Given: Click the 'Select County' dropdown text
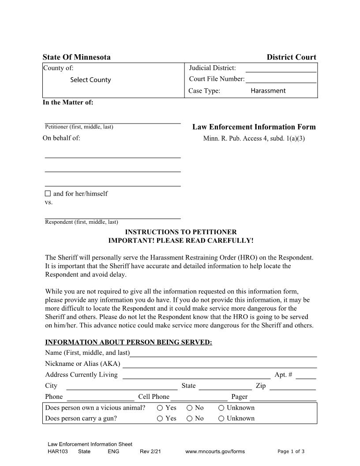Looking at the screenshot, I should pos(90,80).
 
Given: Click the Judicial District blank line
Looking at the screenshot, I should pos(281,68).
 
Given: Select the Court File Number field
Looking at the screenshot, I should pos(281,79).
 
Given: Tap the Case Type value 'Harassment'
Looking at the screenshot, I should pos(268,91).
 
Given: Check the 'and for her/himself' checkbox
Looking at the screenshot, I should pos(48,194).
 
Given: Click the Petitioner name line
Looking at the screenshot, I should pos(112,120).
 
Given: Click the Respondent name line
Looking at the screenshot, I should pos(112,215).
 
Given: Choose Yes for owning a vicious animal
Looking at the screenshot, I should pos(160,408).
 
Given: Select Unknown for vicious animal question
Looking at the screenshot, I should pos(221,408).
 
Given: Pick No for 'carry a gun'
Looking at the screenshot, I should pos(190,418).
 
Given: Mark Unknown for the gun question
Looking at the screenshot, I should pos(221,418).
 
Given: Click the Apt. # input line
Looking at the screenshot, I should pos(306,376).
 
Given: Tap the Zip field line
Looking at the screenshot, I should pos(292,387).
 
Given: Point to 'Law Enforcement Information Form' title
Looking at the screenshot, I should pos(254,127).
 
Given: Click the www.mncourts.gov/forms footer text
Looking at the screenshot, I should pos(215,451).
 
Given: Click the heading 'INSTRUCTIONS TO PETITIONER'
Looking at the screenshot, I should pos(181,232).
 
